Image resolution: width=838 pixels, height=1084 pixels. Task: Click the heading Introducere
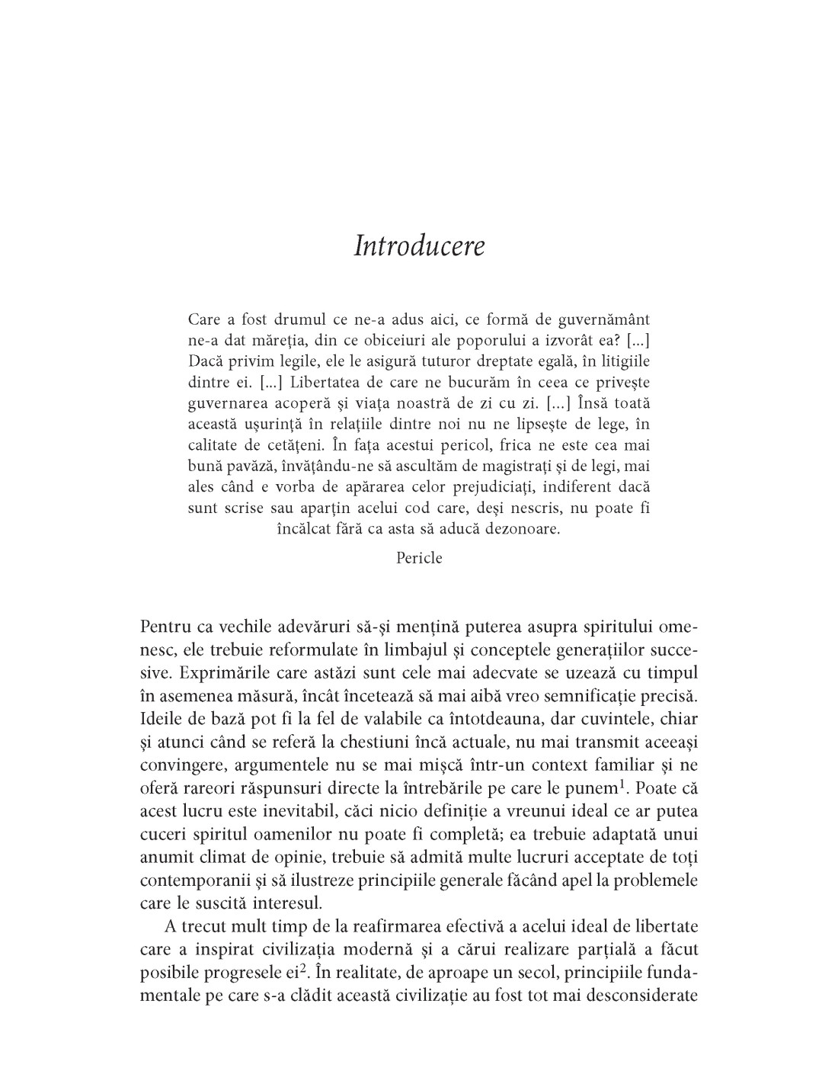click(x=419, y=247)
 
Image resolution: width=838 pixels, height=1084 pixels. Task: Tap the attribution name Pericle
click(x=419, y=558)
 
